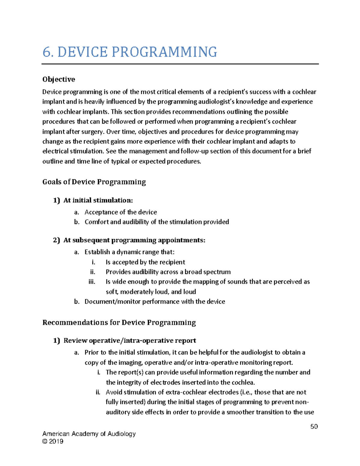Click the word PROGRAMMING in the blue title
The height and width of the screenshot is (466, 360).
(x=164, y=52)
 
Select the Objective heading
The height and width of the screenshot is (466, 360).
(x=58, y=79)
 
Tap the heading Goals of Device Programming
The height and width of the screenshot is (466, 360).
(x=94, y=182)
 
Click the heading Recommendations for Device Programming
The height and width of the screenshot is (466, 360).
(x=119, y=323)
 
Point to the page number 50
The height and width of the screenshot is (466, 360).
(x=314, y=426)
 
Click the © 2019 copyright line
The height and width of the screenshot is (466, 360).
(x=53, y=441)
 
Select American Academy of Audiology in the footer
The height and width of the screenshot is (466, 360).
(x=89, y=434)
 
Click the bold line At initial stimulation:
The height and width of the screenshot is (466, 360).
(x=98, y=200)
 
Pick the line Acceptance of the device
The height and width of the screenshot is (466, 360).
(x=121, y=212)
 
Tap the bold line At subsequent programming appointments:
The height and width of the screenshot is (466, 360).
(x=134, y=240)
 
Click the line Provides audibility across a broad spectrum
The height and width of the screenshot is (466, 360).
(x=168, y=272)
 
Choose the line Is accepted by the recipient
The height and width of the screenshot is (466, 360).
(x=145, y=262)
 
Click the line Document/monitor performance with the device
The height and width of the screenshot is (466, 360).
(x=154, y=302)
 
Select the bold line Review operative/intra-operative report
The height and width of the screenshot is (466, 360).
(x=130, y=341)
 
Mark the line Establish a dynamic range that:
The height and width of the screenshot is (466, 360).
(x=129, y=252)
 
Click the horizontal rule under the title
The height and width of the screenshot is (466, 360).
(x=180, y=64)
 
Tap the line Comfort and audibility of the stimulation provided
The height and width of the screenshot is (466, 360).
(x=157, y=222)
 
